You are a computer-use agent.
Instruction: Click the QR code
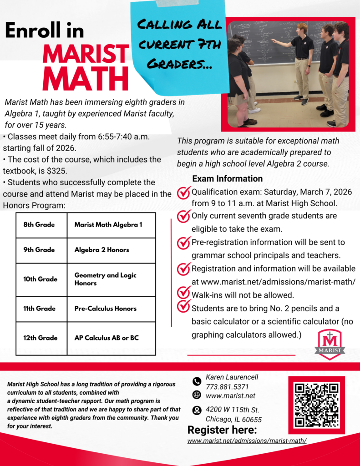(x=316, y=405)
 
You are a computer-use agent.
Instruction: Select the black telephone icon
(x=197, y=381)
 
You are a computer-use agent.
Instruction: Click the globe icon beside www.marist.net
(x=197, y=395)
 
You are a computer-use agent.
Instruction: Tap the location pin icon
(x=197, y=410)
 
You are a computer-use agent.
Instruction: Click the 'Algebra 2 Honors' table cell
(x=111, y=250)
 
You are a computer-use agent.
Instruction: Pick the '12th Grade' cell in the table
(x=41, y=338)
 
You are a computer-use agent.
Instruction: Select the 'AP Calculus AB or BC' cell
(x=111, y=338)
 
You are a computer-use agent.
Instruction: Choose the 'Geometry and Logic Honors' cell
(x=111, y=279)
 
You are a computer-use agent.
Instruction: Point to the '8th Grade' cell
(x=41, y=224)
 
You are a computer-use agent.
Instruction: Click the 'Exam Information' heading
(x=227, y=179)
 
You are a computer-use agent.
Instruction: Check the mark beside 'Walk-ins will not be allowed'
(x=183, y=293)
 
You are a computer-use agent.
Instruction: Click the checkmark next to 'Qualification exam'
(x=183, y=192)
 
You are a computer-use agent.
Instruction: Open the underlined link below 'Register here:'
(x=247, y=441)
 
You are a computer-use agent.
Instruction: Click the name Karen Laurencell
(x=232, y=377)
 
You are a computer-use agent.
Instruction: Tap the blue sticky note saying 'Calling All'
(x=179, y=46)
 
